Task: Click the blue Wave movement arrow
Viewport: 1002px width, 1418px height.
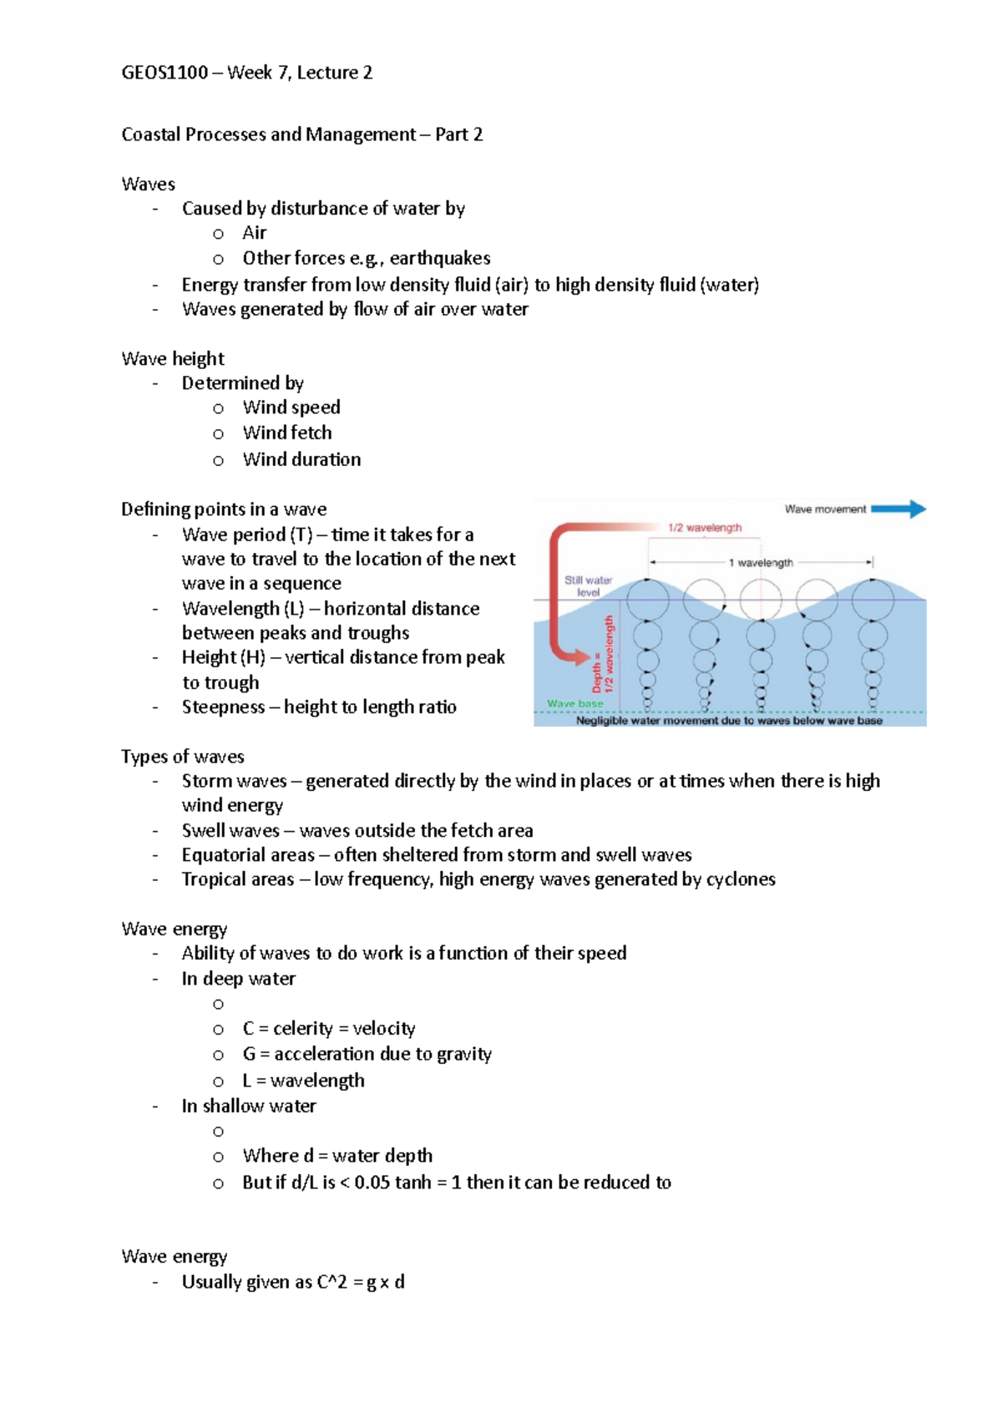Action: (898, 509)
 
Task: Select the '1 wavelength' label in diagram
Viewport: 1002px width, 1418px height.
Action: (761, 563)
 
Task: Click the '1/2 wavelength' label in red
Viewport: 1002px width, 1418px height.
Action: (705, 528)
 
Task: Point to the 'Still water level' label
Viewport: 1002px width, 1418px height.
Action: (588, 585)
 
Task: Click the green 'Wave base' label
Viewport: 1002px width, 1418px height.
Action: (574, 703)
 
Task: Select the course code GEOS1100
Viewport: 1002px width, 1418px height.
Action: (164, 73)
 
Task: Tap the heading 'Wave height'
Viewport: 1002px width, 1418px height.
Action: (173, 358)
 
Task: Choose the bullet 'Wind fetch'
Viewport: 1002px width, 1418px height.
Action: (287, 433)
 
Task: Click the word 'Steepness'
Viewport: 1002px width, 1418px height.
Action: (223, 706)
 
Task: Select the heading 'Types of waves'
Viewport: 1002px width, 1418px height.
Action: (183, 757)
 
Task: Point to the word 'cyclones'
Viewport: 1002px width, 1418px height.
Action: (741, 879)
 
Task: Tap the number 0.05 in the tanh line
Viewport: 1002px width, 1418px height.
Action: (372, 1183)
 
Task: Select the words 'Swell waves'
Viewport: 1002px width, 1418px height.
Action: (230, 831)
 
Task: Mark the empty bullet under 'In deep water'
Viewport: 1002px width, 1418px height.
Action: (218, 1004)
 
